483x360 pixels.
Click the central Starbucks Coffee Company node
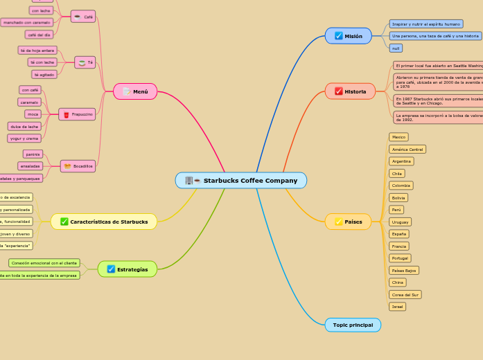[241, 181]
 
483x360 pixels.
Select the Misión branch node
[349, 36]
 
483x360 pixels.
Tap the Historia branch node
[350, 91]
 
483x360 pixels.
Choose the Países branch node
[349, 222]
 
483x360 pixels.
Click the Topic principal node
[353, 325]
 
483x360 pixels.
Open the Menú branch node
[135, 91]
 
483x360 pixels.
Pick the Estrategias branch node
[128, 269]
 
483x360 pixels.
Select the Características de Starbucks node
[104, 222]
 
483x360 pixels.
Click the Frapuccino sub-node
[78, 114]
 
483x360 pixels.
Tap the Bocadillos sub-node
[78, 166]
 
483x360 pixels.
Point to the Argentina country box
[401, 161]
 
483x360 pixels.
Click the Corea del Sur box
[405, 294]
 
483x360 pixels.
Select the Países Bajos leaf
[404, 270]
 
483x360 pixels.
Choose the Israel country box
[397, 306]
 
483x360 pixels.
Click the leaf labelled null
[396, 48]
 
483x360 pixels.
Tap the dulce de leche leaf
[24, 126]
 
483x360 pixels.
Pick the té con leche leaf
[42, 62]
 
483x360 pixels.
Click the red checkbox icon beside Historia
[339, 91]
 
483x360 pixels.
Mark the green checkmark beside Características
[64, 222]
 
